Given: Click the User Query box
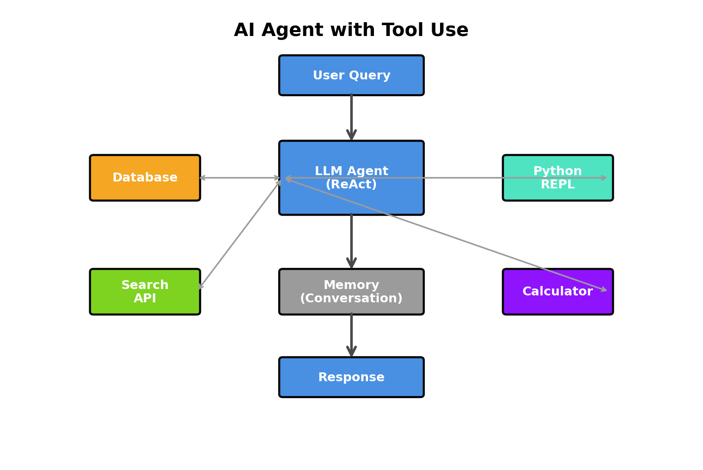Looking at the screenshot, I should point(351,75).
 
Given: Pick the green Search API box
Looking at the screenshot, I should point(145,292).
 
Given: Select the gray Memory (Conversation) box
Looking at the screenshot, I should point(351,292).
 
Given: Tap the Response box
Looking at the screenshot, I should point(351,377).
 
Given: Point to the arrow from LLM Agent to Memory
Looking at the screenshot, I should point(351,242).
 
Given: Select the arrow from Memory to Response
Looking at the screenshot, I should point(351,335).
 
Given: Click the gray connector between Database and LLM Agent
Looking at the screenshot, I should point(240,178).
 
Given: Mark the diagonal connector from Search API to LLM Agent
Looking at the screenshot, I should point(240,234).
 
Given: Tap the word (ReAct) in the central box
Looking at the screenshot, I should point(351,185).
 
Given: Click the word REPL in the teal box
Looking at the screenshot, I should point(557,185).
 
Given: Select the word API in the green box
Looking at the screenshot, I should point(145,299).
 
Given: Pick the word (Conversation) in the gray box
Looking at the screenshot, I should point(351,299).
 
